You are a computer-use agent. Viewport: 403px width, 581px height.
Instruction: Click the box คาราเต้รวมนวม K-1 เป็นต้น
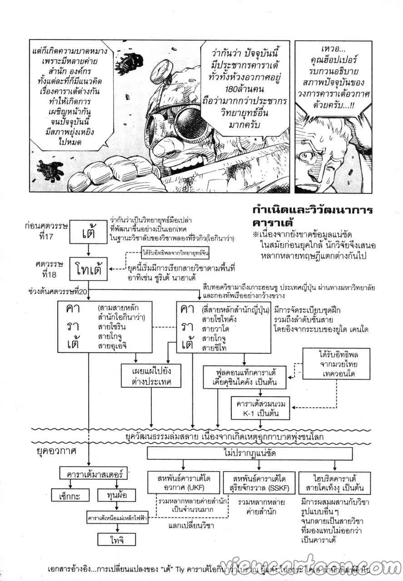(x=260, y=409)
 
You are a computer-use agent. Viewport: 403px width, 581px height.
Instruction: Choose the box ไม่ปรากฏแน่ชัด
(x=250, y=453)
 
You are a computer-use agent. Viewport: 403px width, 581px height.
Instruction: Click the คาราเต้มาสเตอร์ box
(x=93, y=473)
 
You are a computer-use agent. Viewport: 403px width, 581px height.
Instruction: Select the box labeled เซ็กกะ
(x=67, y=496)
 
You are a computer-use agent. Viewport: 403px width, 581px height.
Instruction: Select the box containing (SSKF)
(x=259, y=483)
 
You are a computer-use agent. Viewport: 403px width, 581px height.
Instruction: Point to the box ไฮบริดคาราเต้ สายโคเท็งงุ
(x=335, y=483)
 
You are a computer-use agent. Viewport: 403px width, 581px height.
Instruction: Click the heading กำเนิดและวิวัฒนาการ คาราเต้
(x=313, y=217)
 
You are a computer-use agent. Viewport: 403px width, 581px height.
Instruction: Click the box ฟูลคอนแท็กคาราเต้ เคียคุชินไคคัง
(x=245, y=377)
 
